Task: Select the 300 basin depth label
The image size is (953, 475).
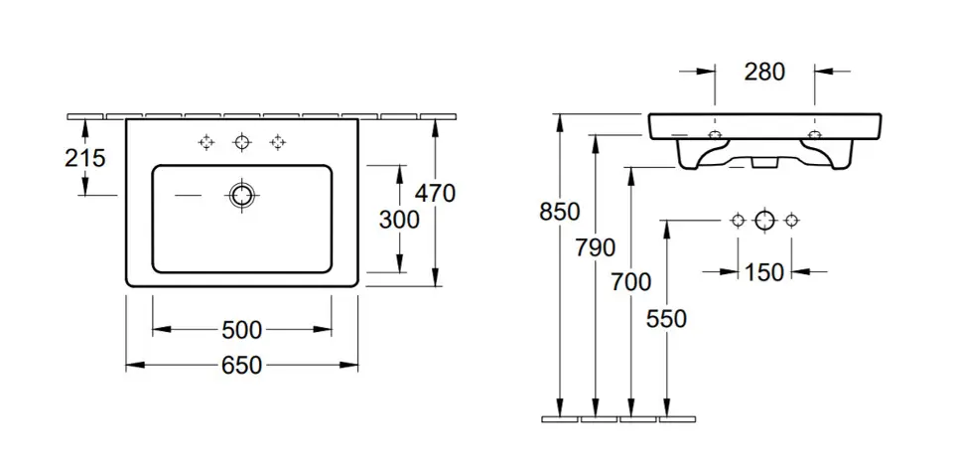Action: click(x=399, y=220)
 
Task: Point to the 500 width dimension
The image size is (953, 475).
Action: click(x=241, y=329)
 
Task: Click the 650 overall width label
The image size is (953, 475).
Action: click(x=241, y=365)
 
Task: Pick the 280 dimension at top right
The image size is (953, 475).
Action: click(x=764, y=71)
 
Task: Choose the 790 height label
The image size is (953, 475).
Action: click(x=596, y=247)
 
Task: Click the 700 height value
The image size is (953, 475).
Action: click(x=631, y=283)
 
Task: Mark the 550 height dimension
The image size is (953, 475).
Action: click(x=666, y=318)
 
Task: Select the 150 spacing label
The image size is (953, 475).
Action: click(x=763, y=270)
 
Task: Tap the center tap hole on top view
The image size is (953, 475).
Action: click(x=241, y=143)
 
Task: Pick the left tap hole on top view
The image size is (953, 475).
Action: click(x=206, y=143)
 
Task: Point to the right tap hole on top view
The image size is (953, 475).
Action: click(x=277, y=143)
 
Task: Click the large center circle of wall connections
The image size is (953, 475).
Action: click(x=763, y=221)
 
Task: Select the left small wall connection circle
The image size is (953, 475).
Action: click(x=737, y=221)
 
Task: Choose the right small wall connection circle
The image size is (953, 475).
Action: click(x=791, y=221)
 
